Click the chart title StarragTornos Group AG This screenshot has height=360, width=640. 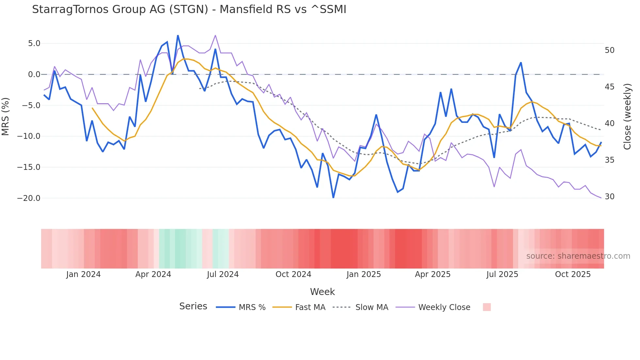pyautogui.click(x=189, y=9)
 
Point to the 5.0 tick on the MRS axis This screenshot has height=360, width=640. pyautogui.click(x=34, y=43)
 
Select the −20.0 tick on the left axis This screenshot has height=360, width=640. pyautogui.click(x=29, y=198)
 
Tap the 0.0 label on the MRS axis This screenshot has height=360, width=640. pyautogui.click(x=34, y=74)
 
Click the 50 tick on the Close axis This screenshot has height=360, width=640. pyautogui.click(x=609, y=50)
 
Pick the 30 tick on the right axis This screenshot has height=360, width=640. pyautogui.click(x=609, y=197)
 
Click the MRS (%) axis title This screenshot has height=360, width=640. pyautogui.click(x=6, y=116)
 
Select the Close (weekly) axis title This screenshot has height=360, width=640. pyautogui.click(x=627, y=117)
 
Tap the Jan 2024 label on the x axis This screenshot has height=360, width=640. pyautogui.click(x=83, y=274)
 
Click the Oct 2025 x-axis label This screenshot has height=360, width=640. pyautogui.click(x=573, y=274)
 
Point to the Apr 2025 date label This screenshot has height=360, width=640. pyautogui.click(x=433, y=274)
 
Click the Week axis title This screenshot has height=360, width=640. pyautogui.click(x=322, y=292)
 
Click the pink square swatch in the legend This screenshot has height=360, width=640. pyautogui.click(x=487, y=307)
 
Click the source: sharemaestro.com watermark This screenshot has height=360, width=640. pyautogui.click(x=578, y=256)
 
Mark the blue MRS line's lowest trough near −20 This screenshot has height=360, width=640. pyautogui.click(x=333, y=197)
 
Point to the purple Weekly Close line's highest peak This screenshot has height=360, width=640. pyautogui.click(x=216, y=35)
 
